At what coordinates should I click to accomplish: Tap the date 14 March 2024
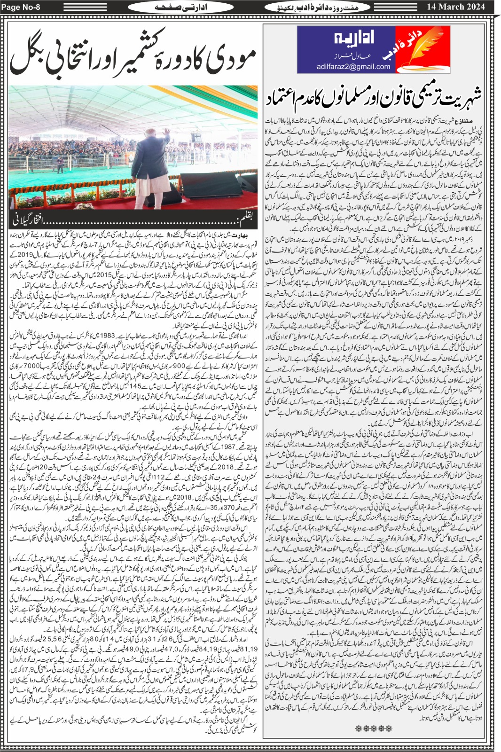[454, 7]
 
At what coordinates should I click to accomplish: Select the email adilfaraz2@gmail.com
[353, 67]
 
